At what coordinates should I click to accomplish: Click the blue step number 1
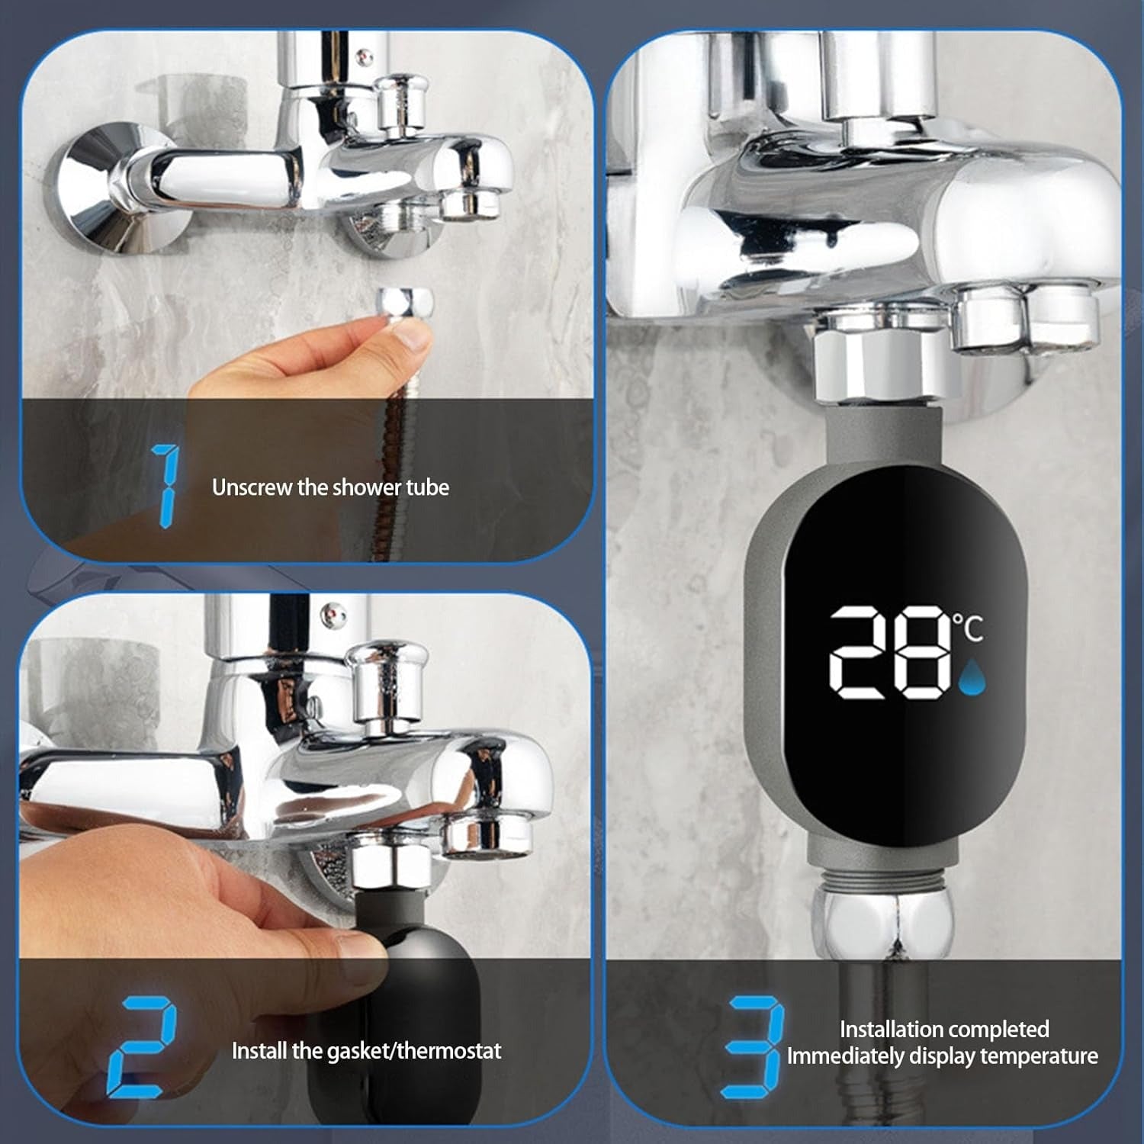click(166, 487)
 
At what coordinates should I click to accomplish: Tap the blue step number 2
click(143, 1046)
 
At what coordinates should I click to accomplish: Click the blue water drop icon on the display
click(972, 678)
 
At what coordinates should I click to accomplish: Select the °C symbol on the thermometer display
click(968, 628)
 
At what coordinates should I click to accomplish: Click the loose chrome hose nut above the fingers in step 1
click(407, 303)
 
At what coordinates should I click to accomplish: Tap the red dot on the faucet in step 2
click(329, 611)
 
